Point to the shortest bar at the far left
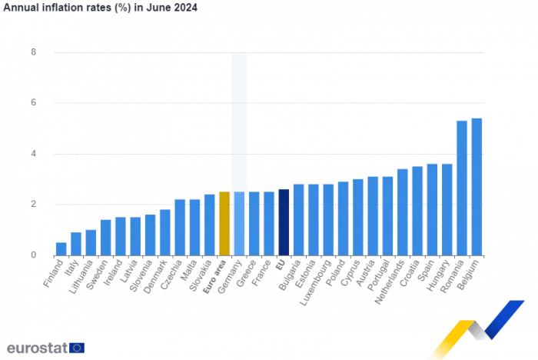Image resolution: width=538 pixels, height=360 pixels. click(61, 247)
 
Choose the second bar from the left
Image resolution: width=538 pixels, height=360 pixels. click(76, 242)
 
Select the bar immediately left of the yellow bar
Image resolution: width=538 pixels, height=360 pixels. click(210, 224)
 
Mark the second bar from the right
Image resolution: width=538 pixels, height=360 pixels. click(462, 187)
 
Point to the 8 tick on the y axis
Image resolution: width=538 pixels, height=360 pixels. click(33, 52)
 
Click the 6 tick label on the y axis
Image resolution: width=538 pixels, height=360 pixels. click(33, 102)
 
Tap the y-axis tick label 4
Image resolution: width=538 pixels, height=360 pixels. click(33, 153)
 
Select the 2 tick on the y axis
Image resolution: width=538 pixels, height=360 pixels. click(33, 204)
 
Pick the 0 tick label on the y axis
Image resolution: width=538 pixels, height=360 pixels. click(33, 254)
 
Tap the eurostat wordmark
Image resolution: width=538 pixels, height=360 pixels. click(35, 348)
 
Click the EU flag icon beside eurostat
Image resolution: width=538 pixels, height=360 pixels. click(78, 348)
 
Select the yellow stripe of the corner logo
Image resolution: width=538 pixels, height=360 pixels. click(453, 331)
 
